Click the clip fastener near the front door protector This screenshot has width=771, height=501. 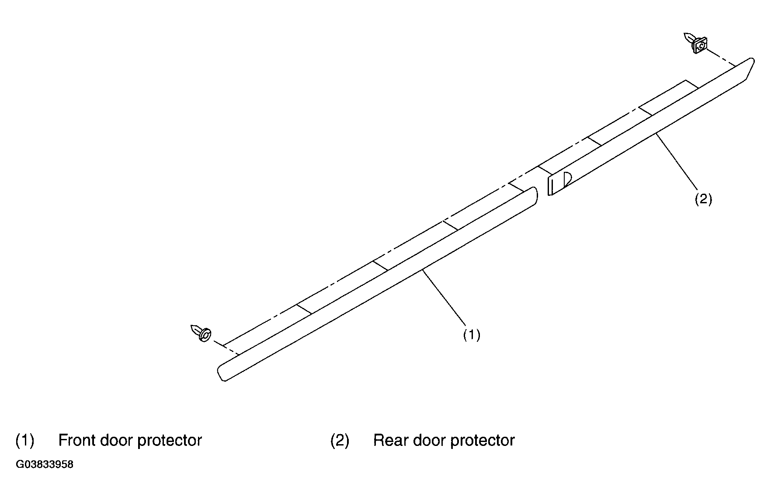pos(201,333)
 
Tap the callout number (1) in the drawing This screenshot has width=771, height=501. pos(472,335)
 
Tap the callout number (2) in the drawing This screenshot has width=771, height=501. pos(703,199)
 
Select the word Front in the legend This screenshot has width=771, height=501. pos(76,440)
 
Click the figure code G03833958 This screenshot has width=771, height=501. pos(45,464)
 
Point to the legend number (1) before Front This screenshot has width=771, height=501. pos(24,440)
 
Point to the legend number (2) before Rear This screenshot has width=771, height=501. pos(340,440)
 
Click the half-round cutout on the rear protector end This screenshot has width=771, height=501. pos(567,179)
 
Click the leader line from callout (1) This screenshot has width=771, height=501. pos(444,298)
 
